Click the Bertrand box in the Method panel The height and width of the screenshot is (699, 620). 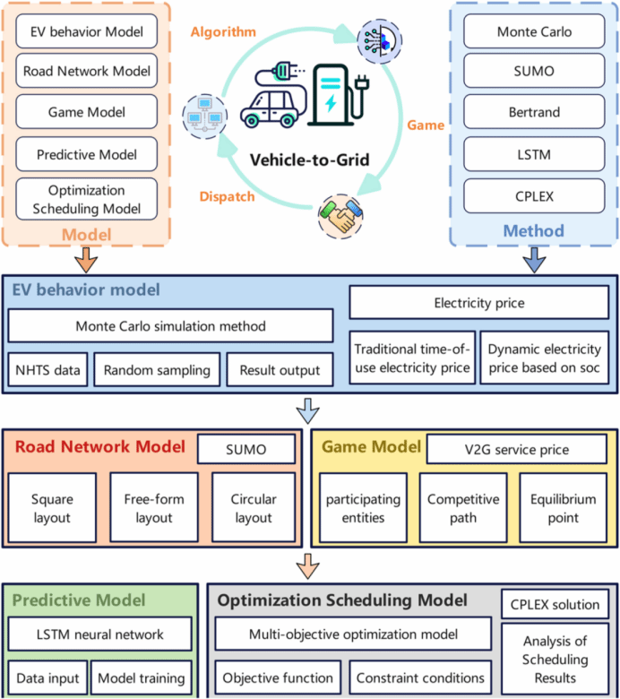point(534,111)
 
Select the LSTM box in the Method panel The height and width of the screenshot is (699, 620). point(534,154)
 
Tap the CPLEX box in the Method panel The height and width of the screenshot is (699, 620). point(534,196)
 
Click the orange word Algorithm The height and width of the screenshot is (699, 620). point(223,32)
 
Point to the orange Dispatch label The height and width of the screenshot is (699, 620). point(227,196)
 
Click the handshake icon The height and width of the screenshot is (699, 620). point(340,216)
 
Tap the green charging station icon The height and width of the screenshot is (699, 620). point(339,95)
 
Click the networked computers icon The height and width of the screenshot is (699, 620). point(204,116)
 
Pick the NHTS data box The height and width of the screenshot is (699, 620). point(47,370)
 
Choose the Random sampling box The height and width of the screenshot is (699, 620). point(157,370)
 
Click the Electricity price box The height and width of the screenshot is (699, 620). point(479,303)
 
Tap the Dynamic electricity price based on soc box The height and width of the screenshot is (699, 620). point(544,358)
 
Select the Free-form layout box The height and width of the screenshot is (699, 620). point(154,508)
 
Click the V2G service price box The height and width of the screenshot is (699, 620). point(517,449)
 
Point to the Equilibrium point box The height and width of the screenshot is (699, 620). point(563,508)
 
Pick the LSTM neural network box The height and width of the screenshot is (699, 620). point(99,634)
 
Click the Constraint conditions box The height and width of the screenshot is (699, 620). point(420,677)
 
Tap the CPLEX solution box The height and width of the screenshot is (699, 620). point(555,604)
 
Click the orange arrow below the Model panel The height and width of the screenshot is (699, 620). point(86,260)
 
